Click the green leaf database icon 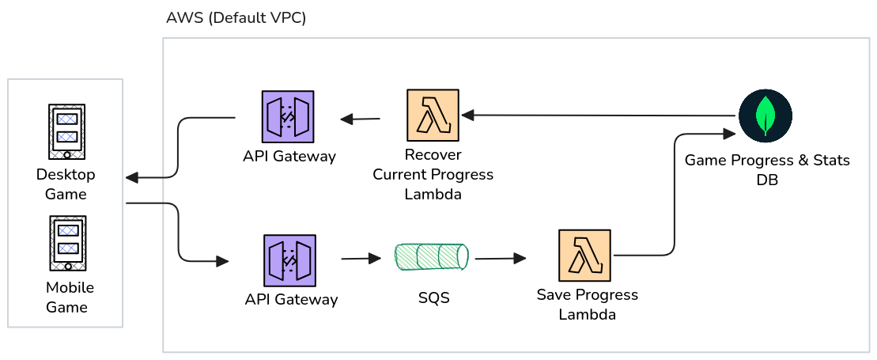(765, 116)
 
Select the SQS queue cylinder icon (432, 256)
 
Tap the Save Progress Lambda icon (584, 256)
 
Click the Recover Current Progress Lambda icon (433, 116)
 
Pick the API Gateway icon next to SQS (289, 260)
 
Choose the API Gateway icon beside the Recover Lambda (288, 116)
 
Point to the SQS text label (433, 298)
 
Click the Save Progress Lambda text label (587, 305)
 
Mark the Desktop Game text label (66, 184)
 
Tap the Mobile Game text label (66, 297)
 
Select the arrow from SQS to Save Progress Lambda (501, 258)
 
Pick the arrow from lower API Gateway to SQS (361, 259)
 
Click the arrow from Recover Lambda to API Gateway (361, 119)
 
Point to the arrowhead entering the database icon (730, 135)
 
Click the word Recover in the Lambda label (433, 154)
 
